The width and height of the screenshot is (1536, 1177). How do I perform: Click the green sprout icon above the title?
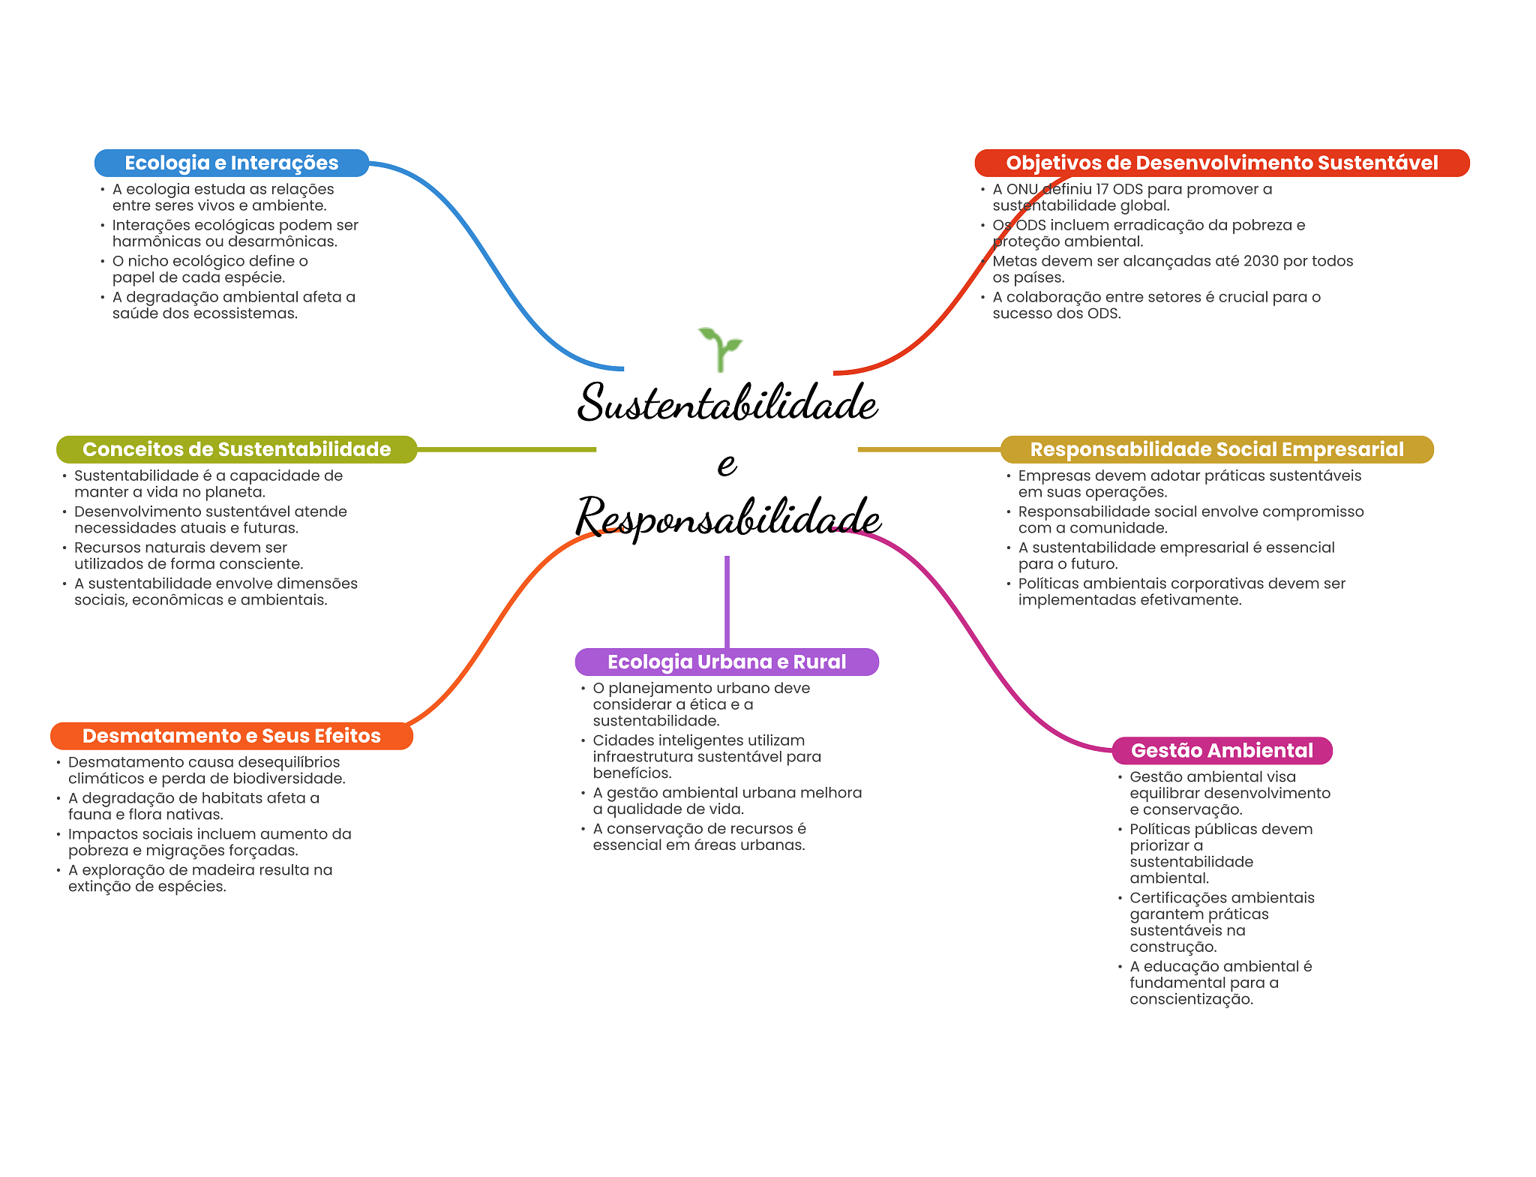pos(719,350)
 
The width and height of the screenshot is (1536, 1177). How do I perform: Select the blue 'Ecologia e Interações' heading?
pos(232,163)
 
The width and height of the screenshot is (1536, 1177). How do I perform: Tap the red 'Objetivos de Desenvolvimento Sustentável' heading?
pos(1222,163)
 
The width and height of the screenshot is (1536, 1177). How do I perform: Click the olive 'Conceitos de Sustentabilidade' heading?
pos(236,449)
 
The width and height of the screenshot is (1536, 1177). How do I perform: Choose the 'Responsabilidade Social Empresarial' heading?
pos(1216,449)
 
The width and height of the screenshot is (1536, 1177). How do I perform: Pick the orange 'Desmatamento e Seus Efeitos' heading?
pos(232,736)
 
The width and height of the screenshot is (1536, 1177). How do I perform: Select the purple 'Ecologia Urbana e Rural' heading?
pos(727,662)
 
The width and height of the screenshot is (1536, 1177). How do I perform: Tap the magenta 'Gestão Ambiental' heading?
pos(1222,750)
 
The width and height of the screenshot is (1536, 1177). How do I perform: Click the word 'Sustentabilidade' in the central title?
pos(727,402)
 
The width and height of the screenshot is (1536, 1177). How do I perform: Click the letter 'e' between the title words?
pos(727,464)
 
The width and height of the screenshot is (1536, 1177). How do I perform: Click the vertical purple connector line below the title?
pos(727,602)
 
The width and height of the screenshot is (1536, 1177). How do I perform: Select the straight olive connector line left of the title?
pos(506,449)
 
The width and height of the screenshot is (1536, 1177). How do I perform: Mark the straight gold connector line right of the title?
pos(929,449)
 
